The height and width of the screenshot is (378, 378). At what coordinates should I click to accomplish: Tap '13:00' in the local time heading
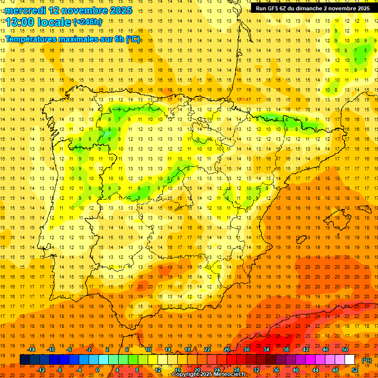click(x=21, y=22)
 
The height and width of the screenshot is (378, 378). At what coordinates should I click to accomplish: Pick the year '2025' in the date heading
click(x=118, y=10)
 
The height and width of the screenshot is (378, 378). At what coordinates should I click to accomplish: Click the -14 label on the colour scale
click(x=31, y=349)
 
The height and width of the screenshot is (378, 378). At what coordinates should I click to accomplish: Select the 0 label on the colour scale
click(x=98, y=370)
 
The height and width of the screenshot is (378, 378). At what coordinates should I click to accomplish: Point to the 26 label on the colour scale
click(x=227, y=349)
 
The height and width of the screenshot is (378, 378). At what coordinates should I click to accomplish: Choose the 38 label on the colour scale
click(x=286, y=349)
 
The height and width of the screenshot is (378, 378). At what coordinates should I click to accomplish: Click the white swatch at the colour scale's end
click(x=350, y=360)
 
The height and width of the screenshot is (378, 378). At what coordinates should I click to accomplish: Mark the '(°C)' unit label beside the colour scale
click(x=367, y=360)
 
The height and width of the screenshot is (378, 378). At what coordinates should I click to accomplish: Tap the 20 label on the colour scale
click(x=197, y=370)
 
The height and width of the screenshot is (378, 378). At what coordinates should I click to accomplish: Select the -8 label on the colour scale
click(x=59, y=370)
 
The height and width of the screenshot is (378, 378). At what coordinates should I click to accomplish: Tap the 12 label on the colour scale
click(x=157, y=370)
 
